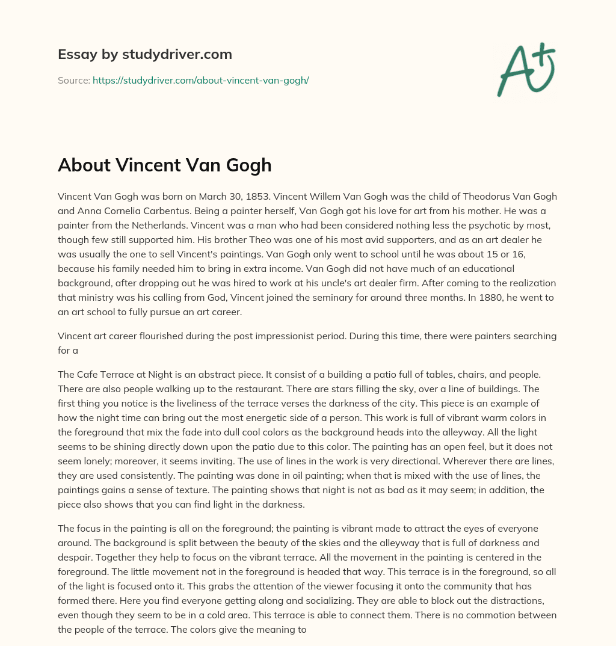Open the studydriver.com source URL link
coord(200,80)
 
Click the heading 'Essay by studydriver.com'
coord(144,54)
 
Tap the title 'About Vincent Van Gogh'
coord(164,165)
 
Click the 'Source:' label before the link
coord(73,80)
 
